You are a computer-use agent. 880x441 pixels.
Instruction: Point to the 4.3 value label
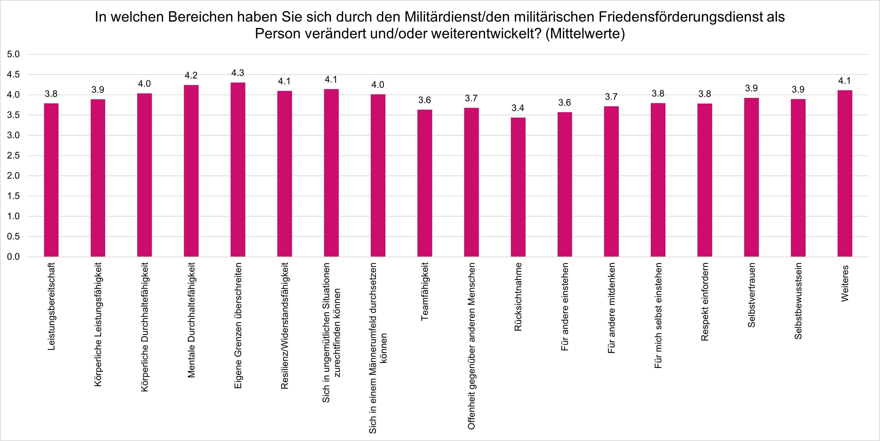[238, 73]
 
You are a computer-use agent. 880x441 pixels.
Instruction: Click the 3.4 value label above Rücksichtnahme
[518, 108]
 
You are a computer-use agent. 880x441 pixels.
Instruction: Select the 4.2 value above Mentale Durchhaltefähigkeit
[191, 75]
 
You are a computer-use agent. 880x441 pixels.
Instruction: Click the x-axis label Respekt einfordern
[704, 302]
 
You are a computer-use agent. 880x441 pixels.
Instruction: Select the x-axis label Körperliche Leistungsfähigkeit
[98, 325]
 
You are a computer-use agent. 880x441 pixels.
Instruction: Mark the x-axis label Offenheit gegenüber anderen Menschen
[471, 346]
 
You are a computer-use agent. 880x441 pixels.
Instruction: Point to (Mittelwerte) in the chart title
[585, 34]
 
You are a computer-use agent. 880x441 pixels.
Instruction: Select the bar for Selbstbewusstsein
[798, 178]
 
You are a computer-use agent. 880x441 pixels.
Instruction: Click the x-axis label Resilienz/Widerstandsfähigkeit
[285, 326]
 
